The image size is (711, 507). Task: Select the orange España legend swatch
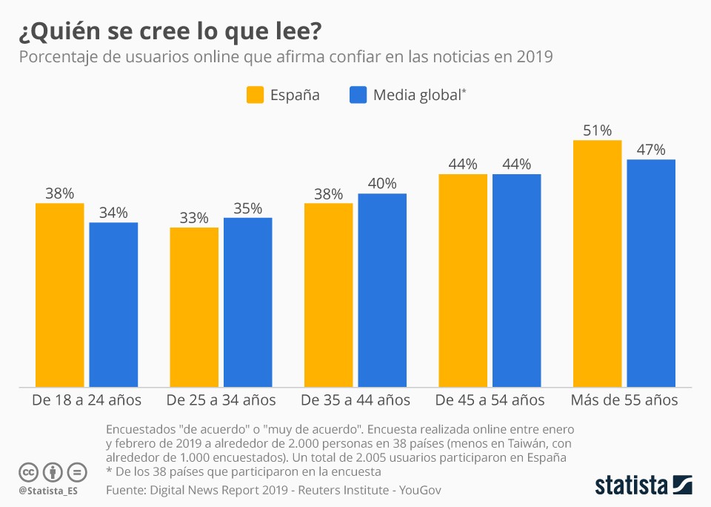[x=255, y=95]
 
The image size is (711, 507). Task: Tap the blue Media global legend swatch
[x=358, y=95]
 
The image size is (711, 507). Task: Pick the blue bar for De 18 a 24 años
[x=113, y=304]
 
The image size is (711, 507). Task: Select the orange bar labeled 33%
[x=194, y=307]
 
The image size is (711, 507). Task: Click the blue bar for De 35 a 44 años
[x=382, y=290]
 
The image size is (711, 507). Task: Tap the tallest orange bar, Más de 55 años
[x=597, y=263]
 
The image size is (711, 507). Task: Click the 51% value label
[x=597, y=130]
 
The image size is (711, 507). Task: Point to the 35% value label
[x=247, y=208]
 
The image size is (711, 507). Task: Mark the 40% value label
[x=382, y=184]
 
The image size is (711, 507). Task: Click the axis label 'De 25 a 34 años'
[x=221, y=400]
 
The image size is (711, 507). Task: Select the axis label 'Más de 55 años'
[x=624, y=400]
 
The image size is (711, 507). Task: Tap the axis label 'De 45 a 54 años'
[x=490, y=400]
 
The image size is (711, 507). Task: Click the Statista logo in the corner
[x=644, y=486]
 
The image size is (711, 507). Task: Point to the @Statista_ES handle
[x=48, y=491]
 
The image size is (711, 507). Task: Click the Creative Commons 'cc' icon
[x=28, y=471]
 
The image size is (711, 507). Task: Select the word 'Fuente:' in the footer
[x=126, y=490]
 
